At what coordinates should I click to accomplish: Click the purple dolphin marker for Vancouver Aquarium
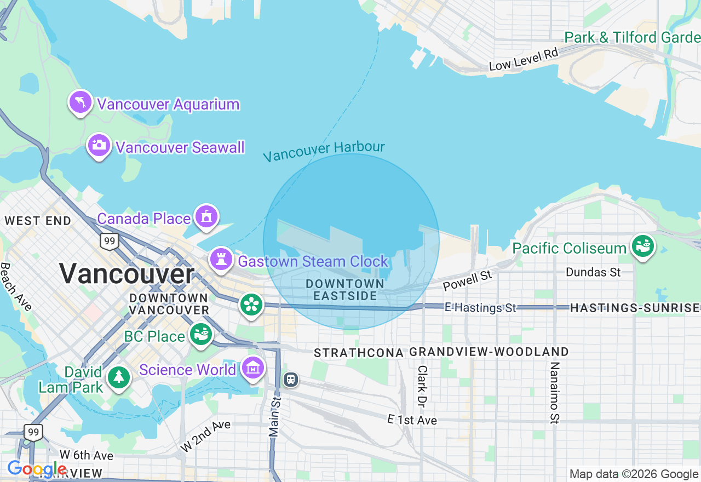81,102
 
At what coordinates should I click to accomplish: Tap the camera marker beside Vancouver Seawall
99,146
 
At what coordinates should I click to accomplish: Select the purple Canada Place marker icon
206,217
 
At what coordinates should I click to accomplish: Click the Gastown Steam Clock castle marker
221,260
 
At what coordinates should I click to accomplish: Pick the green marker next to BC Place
201,334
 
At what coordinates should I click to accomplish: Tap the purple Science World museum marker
253,369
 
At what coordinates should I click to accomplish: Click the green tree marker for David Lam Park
118,377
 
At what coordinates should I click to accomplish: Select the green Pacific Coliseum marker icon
643,246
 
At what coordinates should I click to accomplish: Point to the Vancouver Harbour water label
324,152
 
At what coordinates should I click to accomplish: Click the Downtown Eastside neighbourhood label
345,290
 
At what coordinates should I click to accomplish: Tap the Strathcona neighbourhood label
359,352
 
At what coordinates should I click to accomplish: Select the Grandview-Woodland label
489,352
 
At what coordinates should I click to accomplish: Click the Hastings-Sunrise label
635,308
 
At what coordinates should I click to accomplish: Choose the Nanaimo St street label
554,392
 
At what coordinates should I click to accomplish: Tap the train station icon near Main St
291,379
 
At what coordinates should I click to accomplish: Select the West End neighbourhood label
38,221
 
